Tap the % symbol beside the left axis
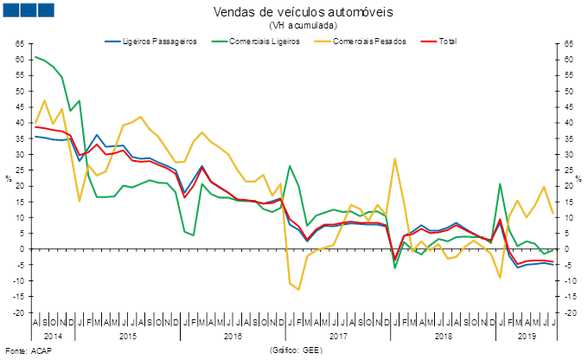(x=8, y=178)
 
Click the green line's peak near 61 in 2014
(x=35, y=56)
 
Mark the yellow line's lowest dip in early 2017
(x=298, y=289)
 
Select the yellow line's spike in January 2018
(x=395, y=158)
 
